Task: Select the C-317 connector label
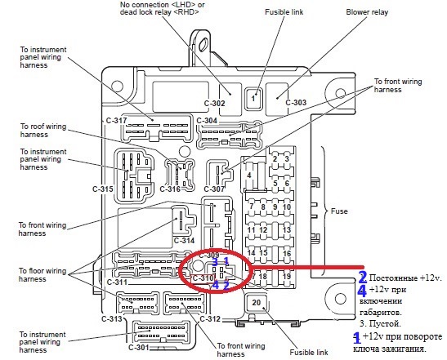pos(117,121)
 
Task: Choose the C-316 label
pos(170,189)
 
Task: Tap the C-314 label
pos(184,240)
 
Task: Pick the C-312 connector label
pos(209,318)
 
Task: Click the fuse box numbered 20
pos(257,303)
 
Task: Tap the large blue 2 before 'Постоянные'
pos(363,278)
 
